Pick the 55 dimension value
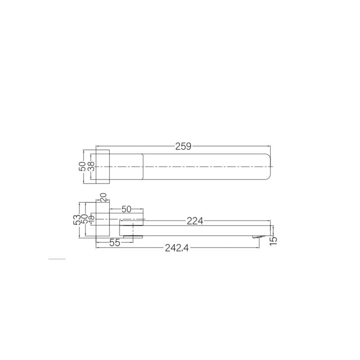pyautogui.click(x=115, y=242)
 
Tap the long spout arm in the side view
pyautogui.click(x=197, y=229)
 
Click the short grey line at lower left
pyautogui.click(x=57, y=259)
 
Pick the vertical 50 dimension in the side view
pyautogui.click(x=85, y=219)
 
